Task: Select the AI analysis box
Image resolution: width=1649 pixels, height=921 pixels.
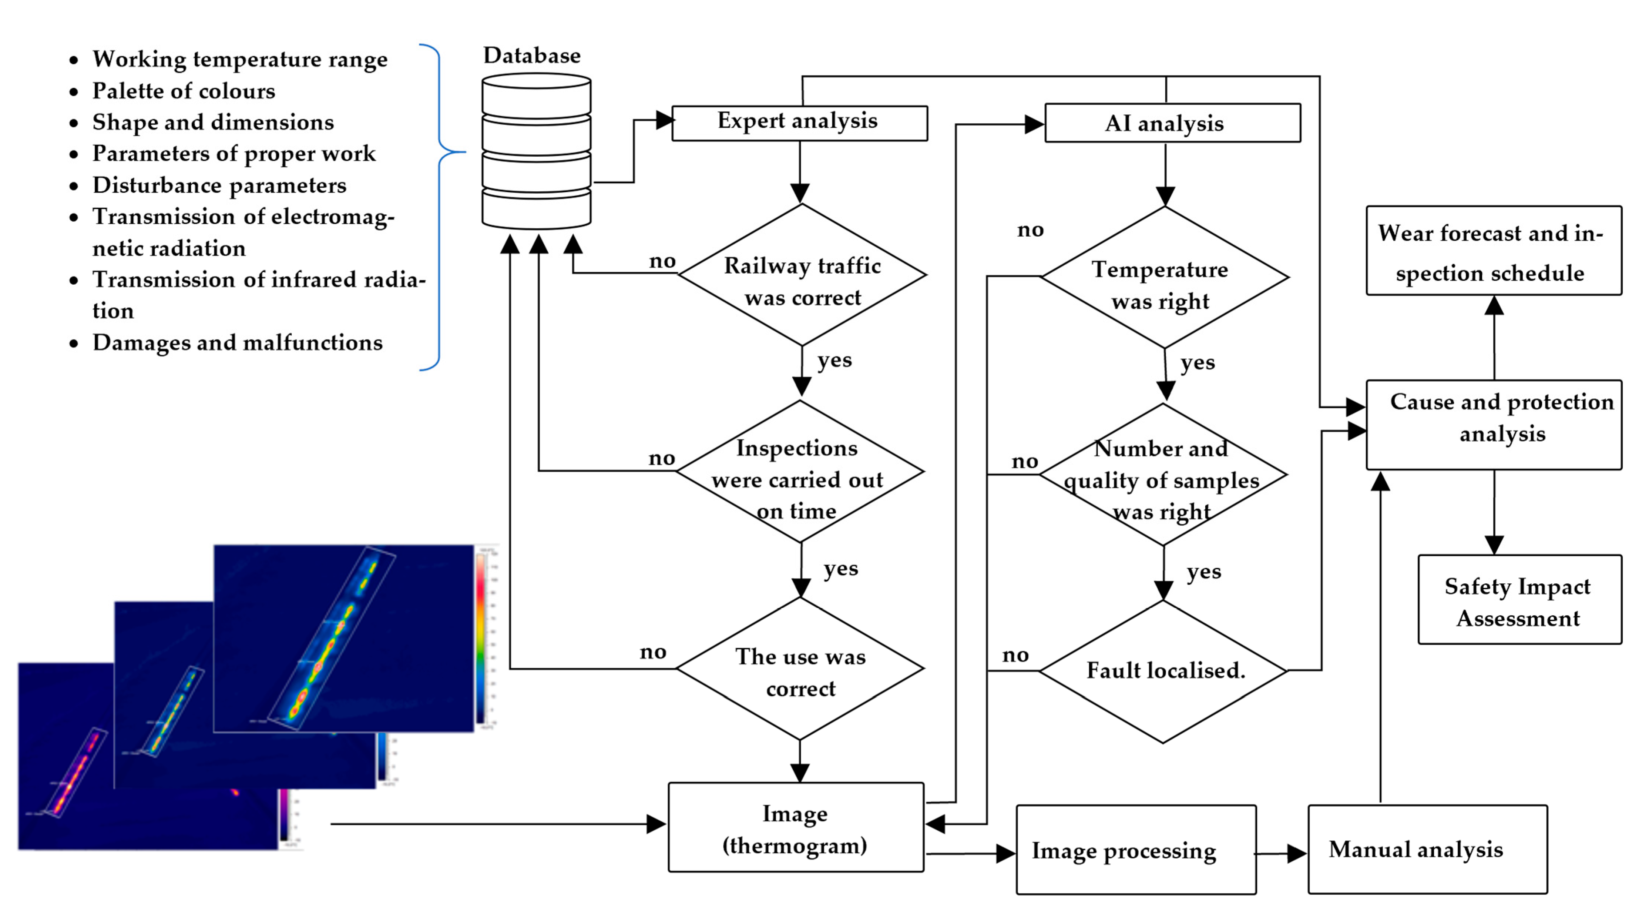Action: coord(1172,123)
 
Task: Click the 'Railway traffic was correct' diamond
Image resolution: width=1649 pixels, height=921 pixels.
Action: coord(802,275)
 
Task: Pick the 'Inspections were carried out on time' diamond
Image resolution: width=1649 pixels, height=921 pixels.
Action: coord(800,472)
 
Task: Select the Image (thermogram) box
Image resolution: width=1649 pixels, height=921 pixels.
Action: coord(796,827)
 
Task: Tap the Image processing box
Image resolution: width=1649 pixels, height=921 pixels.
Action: coord(1136,850)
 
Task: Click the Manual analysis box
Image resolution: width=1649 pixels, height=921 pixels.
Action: coord(1427,849)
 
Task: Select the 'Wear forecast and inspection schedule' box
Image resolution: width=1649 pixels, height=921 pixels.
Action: coord(1494,251)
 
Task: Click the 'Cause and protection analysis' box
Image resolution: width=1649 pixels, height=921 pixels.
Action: coord(1494,425)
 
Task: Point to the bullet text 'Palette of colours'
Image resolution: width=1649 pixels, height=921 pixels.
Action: coord(184,91)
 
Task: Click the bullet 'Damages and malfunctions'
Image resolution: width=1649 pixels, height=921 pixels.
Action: coord(238,343)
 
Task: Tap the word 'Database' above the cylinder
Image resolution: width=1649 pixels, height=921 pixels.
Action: coord(532,56)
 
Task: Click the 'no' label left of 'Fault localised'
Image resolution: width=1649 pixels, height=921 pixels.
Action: coord(1015,654)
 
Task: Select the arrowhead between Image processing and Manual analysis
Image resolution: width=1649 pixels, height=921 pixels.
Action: coord(1296,853)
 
